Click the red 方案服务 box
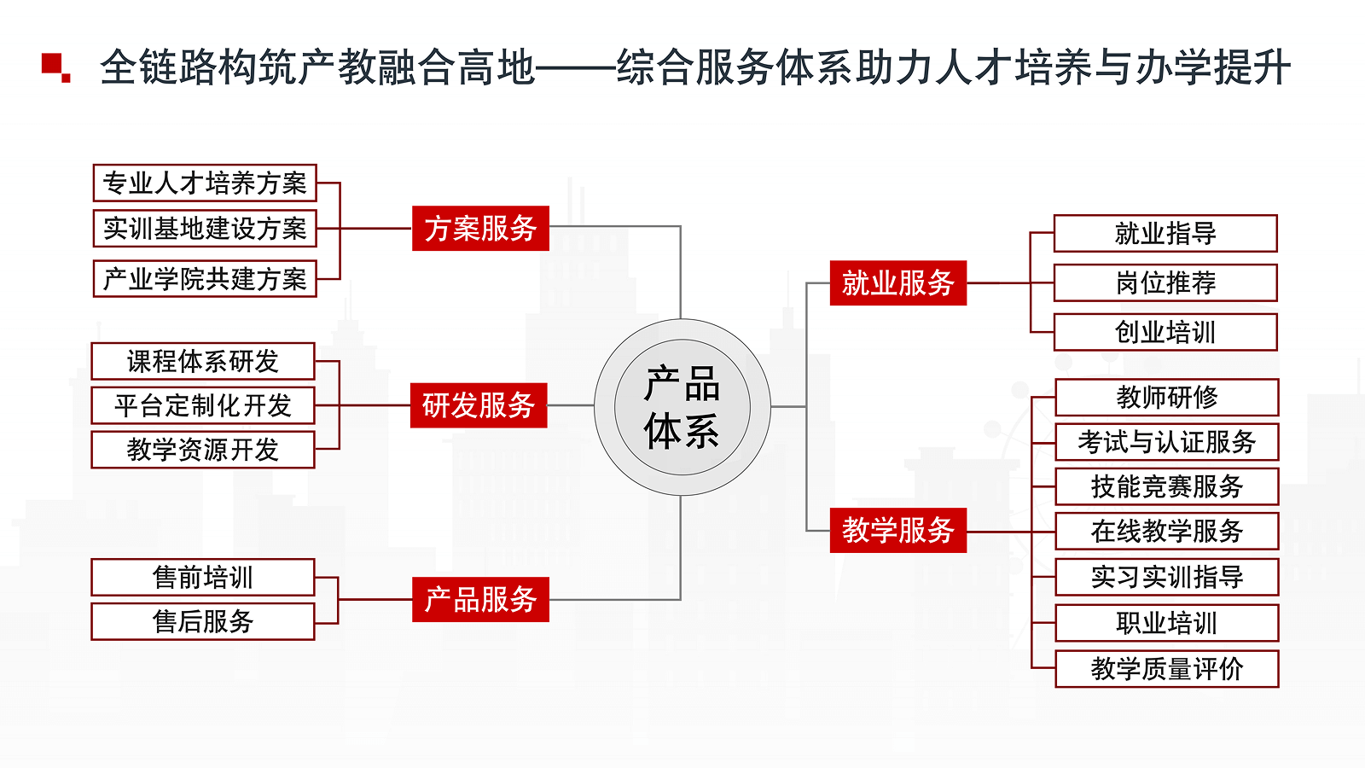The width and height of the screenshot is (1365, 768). click(x=480, y=229)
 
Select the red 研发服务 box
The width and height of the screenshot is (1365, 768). click(x=479, y=405)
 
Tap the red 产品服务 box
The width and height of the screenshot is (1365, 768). click(x=480, y=599)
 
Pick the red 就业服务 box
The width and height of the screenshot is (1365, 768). click(x=898, y=282)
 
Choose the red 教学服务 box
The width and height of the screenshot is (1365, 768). click(x=898, y=530)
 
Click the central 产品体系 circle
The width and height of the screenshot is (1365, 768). click(x=682, y=407)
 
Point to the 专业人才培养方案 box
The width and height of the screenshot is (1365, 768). click(x=205, y=183)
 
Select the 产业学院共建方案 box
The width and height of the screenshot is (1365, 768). click(x=205, y=279)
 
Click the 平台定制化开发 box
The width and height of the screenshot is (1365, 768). click(x=203, y=405)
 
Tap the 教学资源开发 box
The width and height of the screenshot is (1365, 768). click(x=203, y=450)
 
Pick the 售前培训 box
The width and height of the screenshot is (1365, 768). click(x=203, y=577)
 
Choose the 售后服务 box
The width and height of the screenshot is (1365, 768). click(x=203, y=622)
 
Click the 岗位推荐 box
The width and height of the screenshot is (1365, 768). click(x=1165, y=282)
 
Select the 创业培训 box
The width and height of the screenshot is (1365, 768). click(x=1165, y=332)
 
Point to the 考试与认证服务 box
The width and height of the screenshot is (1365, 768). click(x=1167, y=442)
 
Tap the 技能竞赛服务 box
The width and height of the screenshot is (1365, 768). click(x=1167, y=486)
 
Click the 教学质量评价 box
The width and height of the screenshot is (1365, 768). click(x=1167, y=669)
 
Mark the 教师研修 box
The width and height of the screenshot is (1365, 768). click(x=1167, y=398)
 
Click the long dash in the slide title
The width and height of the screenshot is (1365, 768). click(x=575, y=68)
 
